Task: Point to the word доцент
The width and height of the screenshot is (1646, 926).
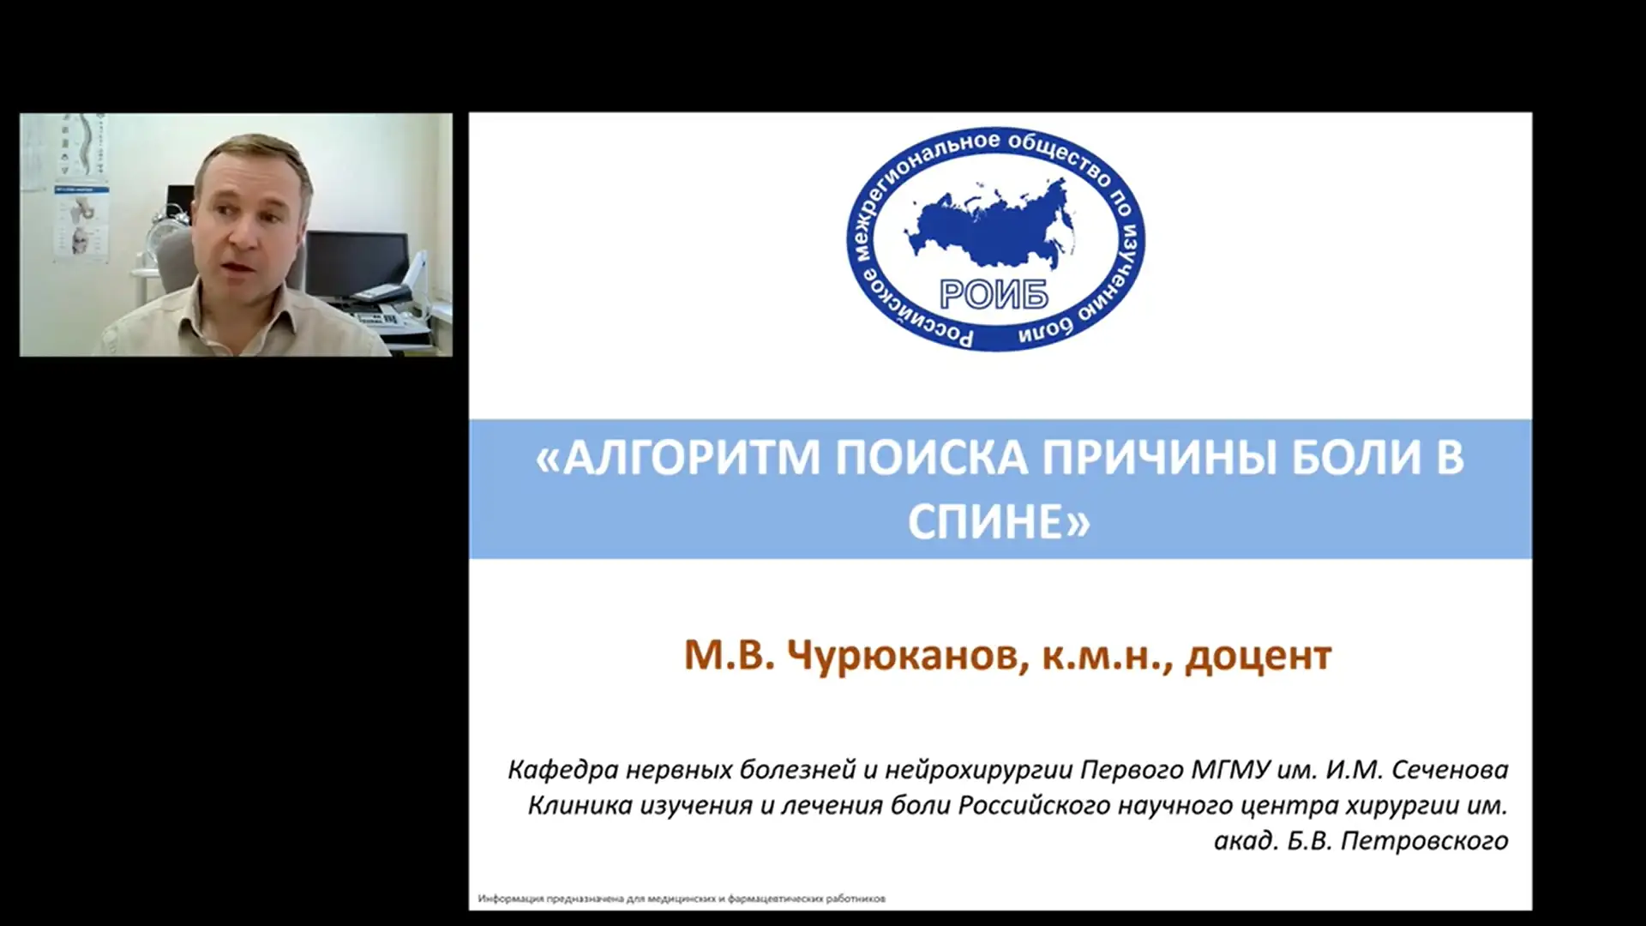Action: point(1259,656)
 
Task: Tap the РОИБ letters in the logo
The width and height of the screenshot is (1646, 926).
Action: point(994,295)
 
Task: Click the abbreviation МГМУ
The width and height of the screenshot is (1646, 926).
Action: point(1230,770)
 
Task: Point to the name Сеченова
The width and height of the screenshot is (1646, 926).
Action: point(1450,770)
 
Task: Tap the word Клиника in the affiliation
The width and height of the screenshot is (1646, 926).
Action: point(580,806)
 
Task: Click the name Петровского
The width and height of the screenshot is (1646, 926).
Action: point(1424,841)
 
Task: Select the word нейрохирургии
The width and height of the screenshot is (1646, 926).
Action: point(978,770)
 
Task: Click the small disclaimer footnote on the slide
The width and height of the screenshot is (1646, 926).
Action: point(682,899)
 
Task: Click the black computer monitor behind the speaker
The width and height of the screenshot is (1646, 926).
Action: point(357,262)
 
